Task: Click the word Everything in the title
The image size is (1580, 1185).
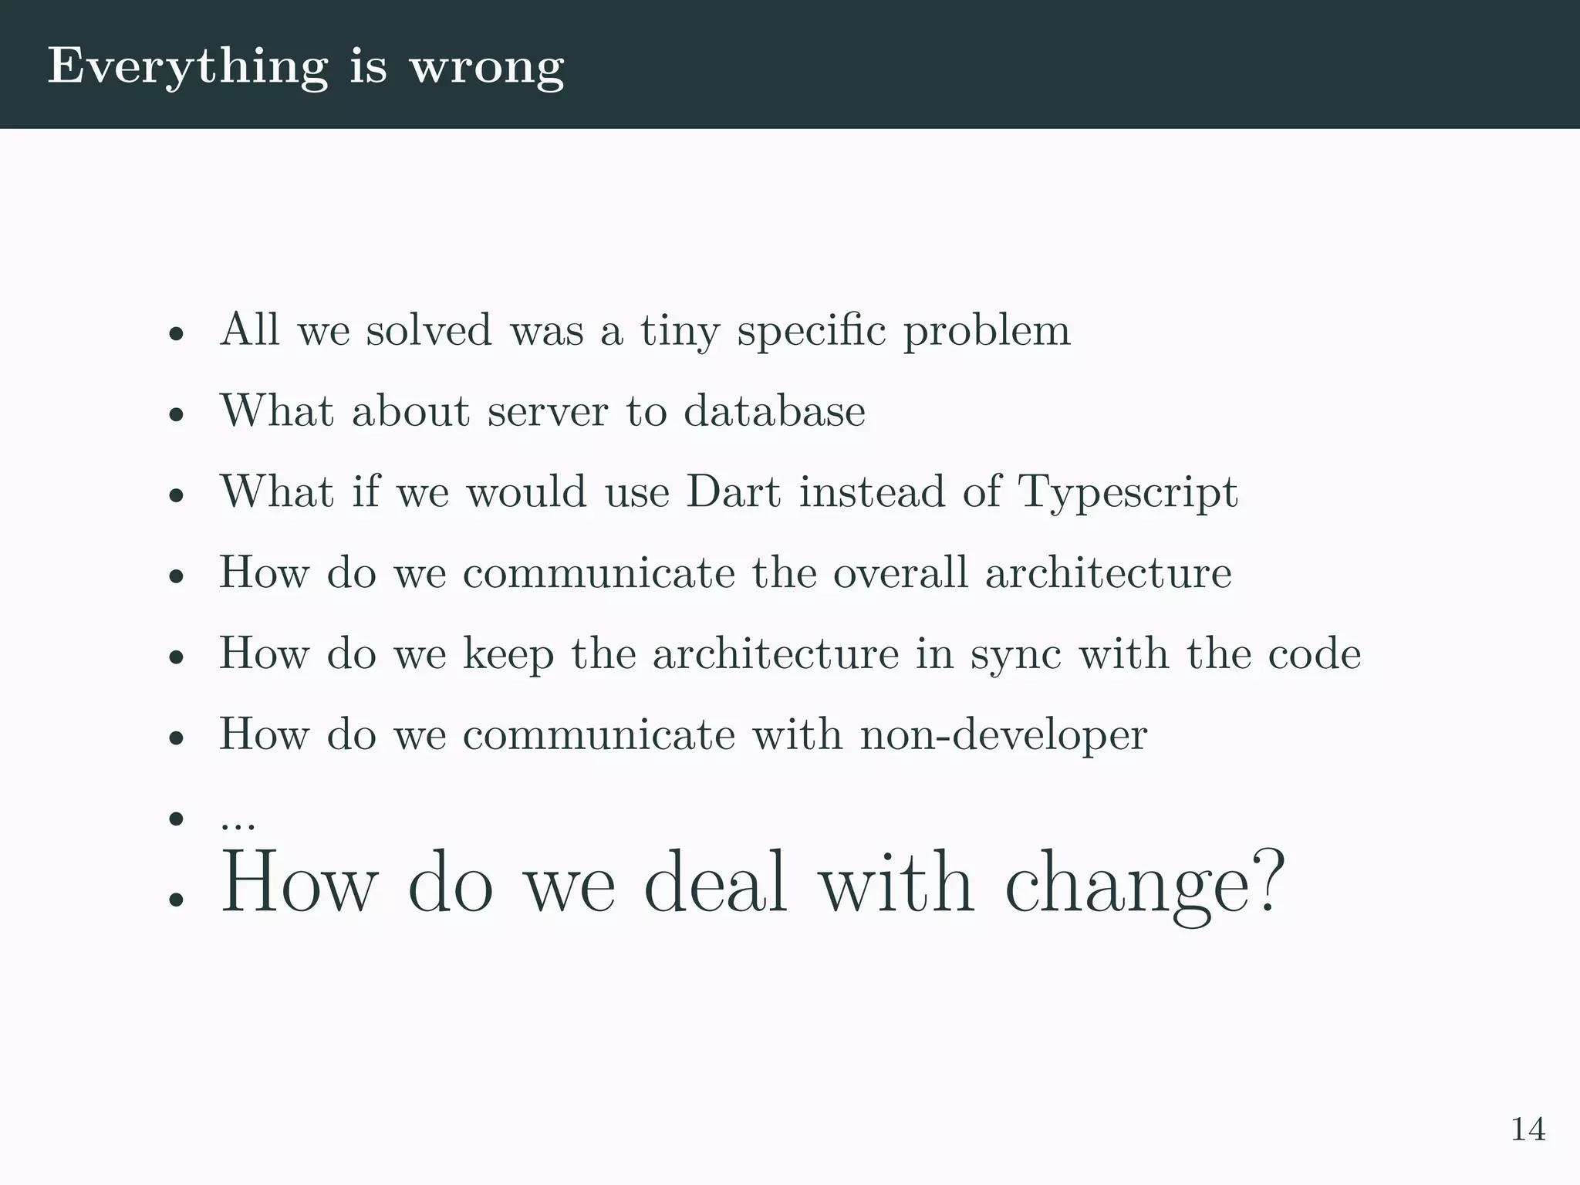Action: point(188,67)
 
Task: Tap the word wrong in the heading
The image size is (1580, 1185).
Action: point(487,67)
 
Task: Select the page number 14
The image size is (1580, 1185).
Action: point(1528,1129)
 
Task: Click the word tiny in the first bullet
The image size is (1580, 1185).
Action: point(680,330)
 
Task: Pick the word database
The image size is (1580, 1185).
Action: point(774,410)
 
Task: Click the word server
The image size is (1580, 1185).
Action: point(548,410)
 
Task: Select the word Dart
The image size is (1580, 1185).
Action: point(734,491)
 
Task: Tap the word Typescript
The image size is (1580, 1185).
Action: point(1128,491)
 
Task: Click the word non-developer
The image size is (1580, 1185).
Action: point(1004,734)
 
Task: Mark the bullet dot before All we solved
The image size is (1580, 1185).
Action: point(177,335)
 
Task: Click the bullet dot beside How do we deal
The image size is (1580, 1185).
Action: point(177,899)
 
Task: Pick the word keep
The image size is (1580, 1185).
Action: point(508,654)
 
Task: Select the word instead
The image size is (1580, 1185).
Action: point(872,491)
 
